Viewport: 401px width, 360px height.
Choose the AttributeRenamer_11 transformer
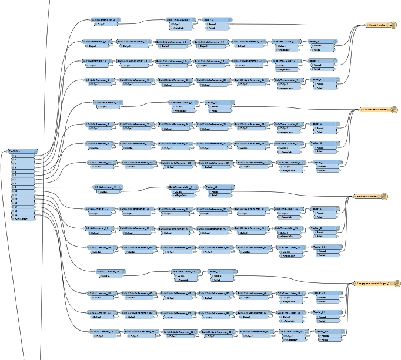(x=109, y=187)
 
